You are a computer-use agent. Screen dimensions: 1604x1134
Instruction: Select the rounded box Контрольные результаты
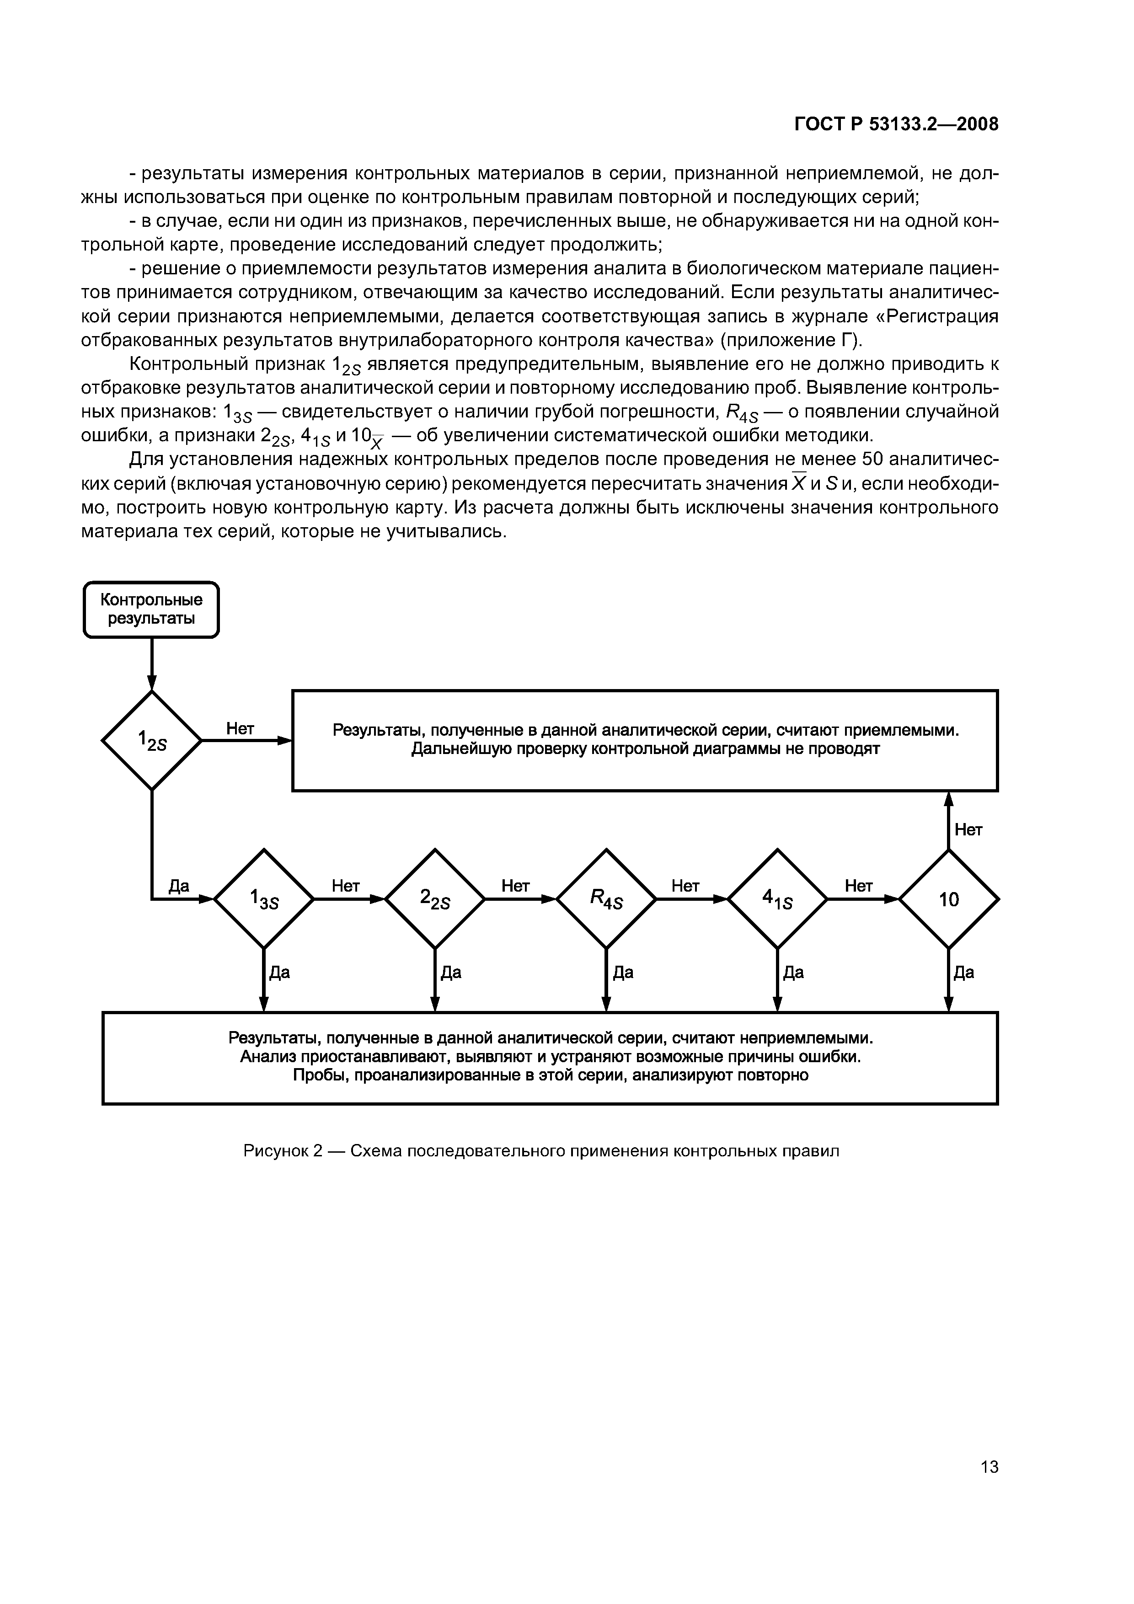[151, 609]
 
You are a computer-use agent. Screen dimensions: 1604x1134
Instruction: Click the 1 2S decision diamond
[152, 740]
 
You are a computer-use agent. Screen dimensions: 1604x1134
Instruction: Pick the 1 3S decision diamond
[263, 899]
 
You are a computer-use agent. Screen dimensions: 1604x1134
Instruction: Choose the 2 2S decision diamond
[434, 899]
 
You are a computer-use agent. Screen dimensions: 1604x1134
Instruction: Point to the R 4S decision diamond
[606, 899]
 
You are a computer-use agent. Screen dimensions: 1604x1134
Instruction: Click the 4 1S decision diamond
[777, 899]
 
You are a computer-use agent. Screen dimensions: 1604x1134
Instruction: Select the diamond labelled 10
[948, 899]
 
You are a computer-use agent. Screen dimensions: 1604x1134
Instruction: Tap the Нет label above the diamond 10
[968, 830]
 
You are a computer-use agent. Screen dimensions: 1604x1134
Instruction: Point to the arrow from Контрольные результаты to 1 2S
[152, 663]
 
